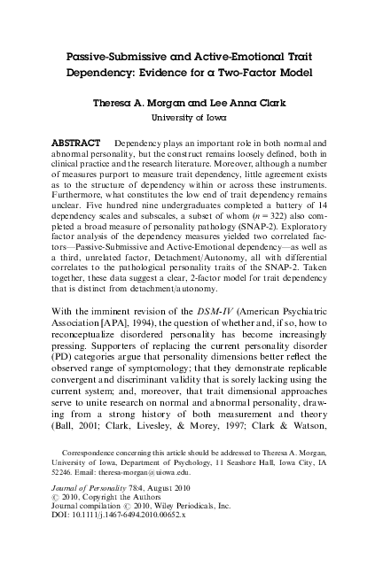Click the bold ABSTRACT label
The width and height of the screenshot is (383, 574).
coord(78,142)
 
